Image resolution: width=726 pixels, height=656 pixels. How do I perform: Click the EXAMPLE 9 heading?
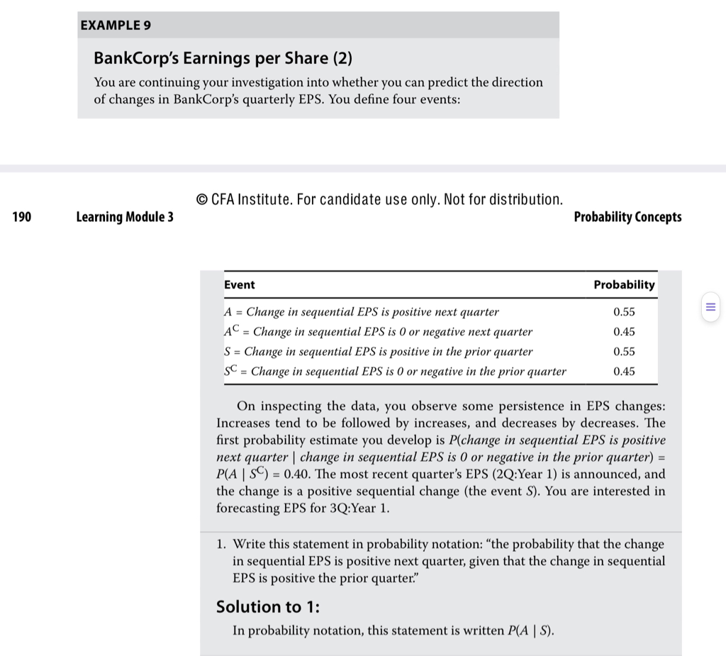[x=116, y=26]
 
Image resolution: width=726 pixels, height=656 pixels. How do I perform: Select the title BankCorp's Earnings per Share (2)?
[x=211, y=58]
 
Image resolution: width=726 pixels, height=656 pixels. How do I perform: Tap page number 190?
[x=22, y=216]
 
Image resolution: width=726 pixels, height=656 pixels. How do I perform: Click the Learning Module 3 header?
[x=125, y=216]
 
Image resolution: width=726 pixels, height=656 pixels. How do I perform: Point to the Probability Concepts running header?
[x=627, y=216]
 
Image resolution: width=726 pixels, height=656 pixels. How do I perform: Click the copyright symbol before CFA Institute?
[x=201, y=199]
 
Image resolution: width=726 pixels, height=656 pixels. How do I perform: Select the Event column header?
[x=240, y=284]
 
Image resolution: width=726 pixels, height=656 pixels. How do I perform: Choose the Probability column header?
[x=624, y=284]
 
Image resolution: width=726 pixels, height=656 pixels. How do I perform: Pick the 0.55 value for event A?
[x=624, y=312]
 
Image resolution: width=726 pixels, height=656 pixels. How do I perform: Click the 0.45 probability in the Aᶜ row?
[x=624, y=332]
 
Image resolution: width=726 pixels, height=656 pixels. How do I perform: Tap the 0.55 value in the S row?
[x=624, y=352]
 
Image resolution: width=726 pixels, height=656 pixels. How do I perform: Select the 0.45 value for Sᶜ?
[x=624, y=372]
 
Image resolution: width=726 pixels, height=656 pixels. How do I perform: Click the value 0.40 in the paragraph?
[x=309, y=474]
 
